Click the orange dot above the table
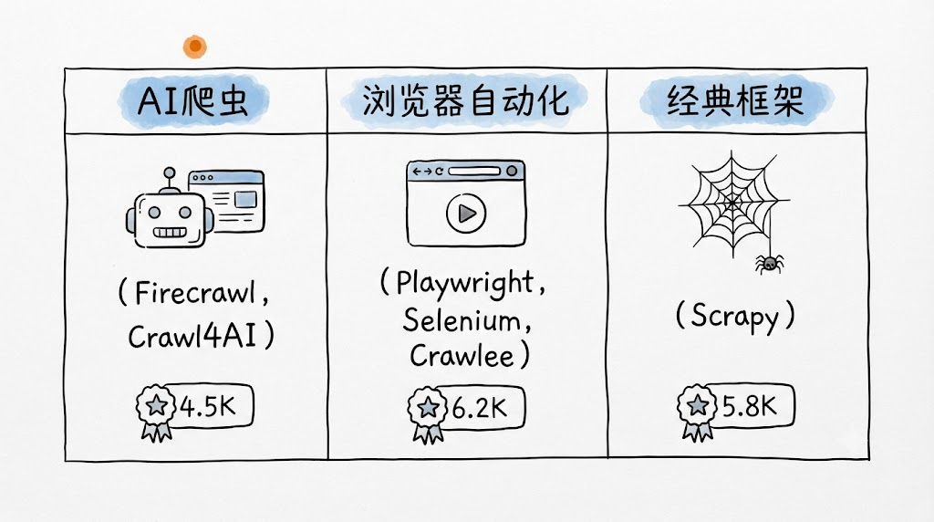(195, 47)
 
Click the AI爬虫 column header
(193, 100)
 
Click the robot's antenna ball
(170, 172)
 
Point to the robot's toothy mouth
(170, 232)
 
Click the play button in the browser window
(466, 213)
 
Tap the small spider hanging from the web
(769, 263)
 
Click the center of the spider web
(733, 204)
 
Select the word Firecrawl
(195, 293)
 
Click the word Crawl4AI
(192, 336)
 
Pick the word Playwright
(464, 284)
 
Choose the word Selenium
(462, 320)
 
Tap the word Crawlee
(462, 356)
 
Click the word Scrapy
(734, 317)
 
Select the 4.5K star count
(208, 407)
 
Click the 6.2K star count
(480, 408)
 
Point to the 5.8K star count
(750, 406)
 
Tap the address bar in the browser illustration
(474, 171)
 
